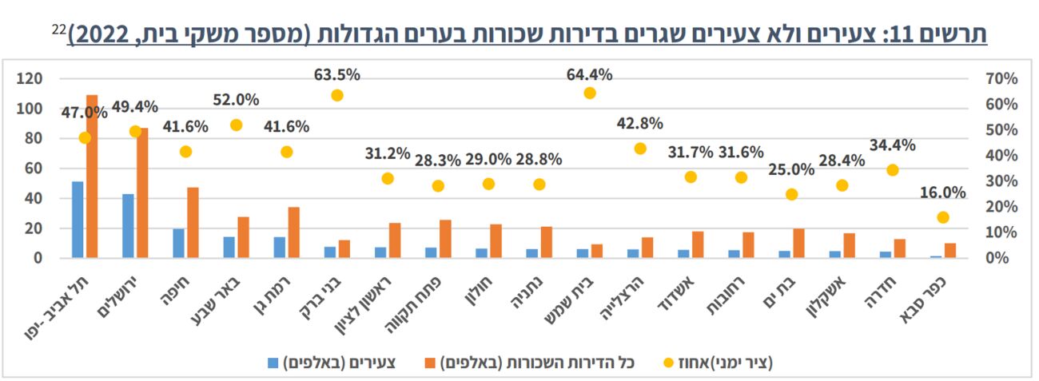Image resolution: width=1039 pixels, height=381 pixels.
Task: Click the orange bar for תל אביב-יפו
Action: tap(92, 176)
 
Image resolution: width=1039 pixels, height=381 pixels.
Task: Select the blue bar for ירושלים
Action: tap(128, 226)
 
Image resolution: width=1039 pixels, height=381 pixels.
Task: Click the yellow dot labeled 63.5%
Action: tap(336, 95)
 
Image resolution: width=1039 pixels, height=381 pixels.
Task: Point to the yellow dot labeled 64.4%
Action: tap(590, 93)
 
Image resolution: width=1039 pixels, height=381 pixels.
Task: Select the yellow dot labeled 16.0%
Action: tap(943, 217)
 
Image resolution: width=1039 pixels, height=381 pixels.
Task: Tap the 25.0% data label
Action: tap(791, 169)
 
